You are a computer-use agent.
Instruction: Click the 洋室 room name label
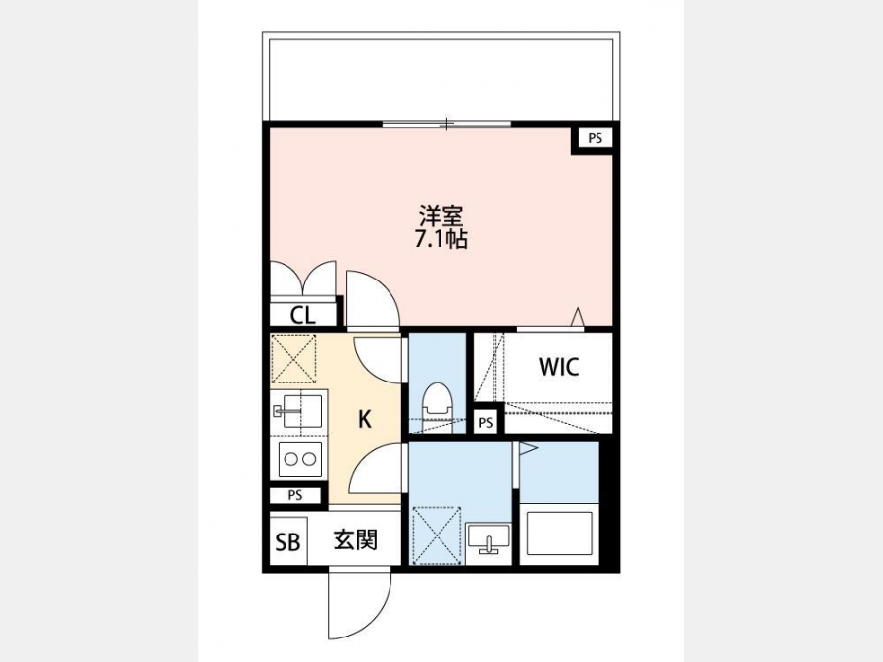coord(441,216)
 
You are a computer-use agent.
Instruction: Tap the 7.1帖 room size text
coord(441,240)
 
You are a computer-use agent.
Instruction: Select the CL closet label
coord(303,315)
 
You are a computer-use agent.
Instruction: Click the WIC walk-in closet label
coord(558,367)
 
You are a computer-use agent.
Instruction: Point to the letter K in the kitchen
coord(365,420)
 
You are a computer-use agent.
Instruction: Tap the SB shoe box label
coord(287,541)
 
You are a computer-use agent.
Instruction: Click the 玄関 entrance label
coord(355,540)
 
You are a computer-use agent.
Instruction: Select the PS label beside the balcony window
coord(596,138)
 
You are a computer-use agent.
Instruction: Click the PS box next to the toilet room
coord(486,422)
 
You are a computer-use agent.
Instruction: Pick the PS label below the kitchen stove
coord(295,496)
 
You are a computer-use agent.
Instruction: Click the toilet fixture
coord(438,402)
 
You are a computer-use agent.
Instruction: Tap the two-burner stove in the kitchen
coord(299,459)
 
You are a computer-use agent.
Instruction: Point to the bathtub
coord(559,534)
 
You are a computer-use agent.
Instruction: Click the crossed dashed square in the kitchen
coord(293,359)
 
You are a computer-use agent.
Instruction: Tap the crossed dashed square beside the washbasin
coord(437,535)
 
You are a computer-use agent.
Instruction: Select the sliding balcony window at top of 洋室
coord(446,124)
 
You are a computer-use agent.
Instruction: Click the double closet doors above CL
coord(303,278)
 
